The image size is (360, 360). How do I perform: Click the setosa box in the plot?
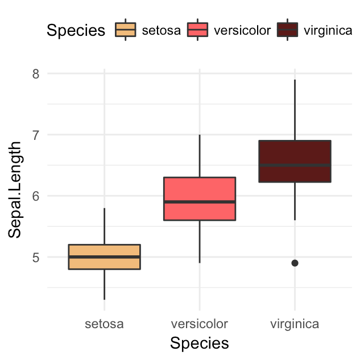point(104,250)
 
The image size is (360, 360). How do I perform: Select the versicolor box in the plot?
point(200,191)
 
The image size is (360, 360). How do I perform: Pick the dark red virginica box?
point(295,154)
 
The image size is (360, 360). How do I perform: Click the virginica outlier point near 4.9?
point(295,263)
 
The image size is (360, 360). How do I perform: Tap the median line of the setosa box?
point(104,256)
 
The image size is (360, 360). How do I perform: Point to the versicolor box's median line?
point(200,202)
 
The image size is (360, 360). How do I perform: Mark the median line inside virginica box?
point(295,165)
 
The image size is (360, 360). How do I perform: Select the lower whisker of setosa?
point(104,284)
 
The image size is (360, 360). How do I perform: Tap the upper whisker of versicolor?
point(200,156)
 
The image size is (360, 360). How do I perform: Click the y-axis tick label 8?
point(36,74)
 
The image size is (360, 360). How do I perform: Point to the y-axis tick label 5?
point(36,257)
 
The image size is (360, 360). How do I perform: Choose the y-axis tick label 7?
point(36,135)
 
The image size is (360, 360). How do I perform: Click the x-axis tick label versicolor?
point(200,324)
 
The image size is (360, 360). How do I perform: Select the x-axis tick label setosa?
point(104,324)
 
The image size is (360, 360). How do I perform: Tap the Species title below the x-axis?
point(200,343)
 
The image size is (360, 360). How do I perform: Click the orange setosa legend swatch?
point(125,30)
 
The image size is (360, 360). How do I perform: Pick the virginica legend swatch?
point(288,30)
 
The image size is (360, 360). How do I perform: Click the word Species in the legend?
point(76,30)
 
